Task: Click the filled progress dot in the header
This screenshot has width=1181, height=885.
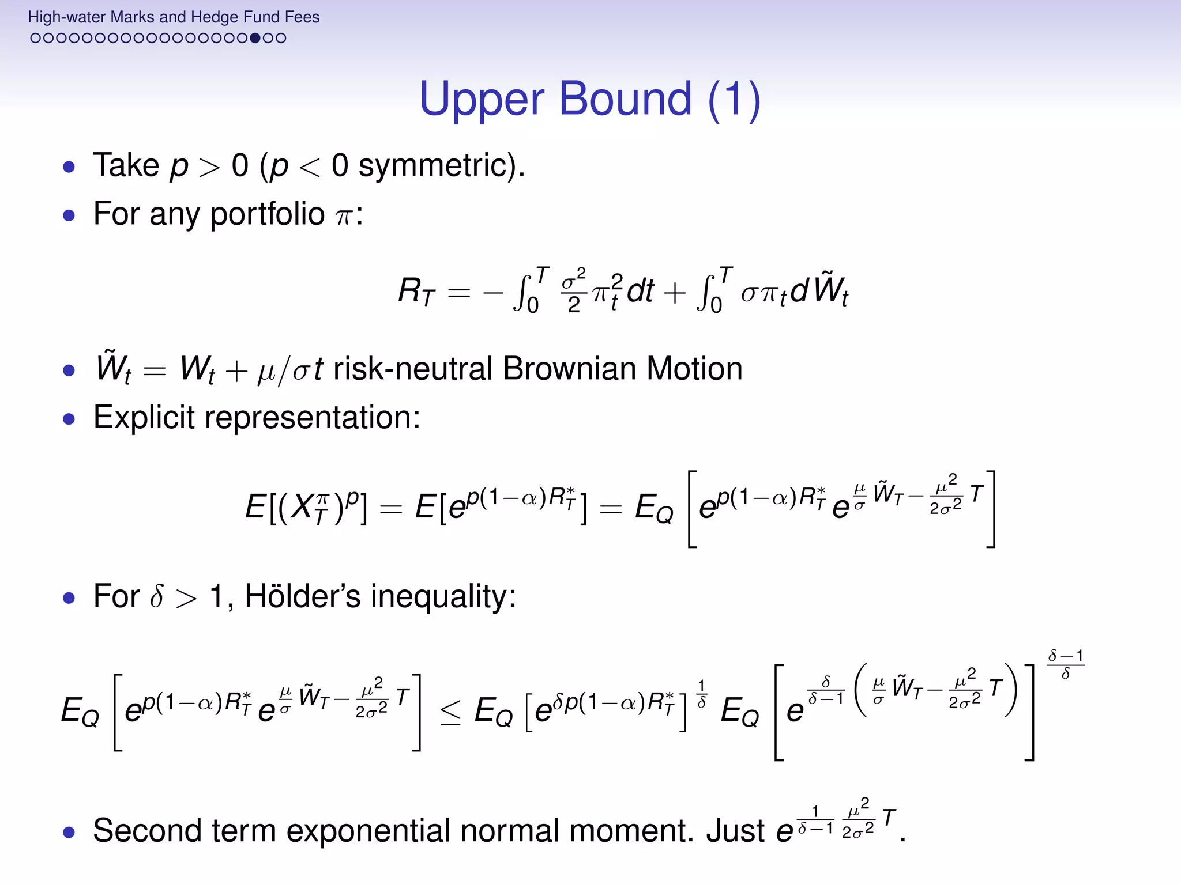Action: tap(255, 39)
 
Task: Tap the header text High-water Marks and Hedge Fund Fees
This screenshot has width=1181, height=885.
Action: tap(174, 17)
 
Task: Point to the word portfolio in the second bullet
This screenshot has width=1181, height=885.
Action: tap(267, 214)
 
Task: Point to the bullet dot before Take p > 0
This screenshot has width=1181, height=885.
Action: tap(69, 168)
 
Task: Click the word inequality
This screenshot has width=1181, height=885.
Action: tap(443, 596)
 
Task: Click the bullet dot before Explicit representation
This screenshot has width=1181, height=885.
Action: tap(69, 419)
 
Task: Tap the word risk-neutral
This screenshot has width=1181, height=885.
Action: tap(412, 369)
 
